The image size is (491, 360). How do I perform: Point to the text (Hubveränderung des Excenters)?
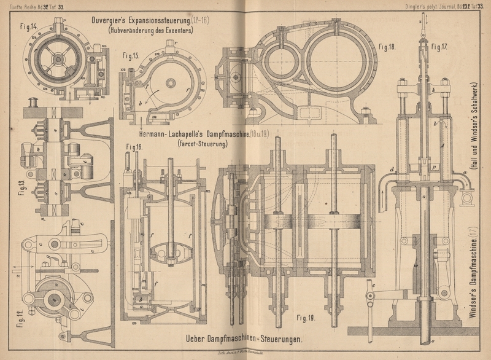[149, 29]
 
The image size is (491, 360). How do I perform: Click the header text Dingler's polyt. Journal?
[420, 6]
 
